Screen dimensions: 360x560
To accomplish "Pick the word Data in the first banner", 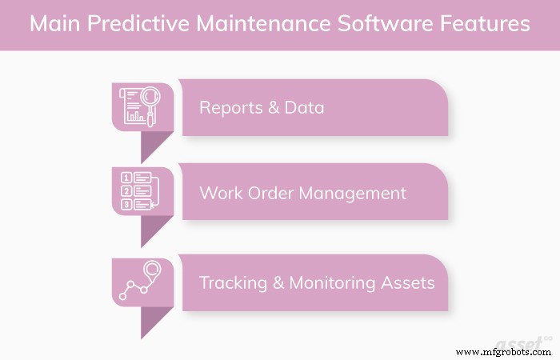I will pyautogui.click(x=305, y=107).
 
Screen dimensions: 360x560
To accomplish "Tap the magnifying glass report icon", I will pyautogui.click(x=141, y=107).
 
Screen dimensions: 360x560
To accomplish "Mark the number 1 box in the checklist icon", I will pyautogui.click(x=126, y=178).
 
